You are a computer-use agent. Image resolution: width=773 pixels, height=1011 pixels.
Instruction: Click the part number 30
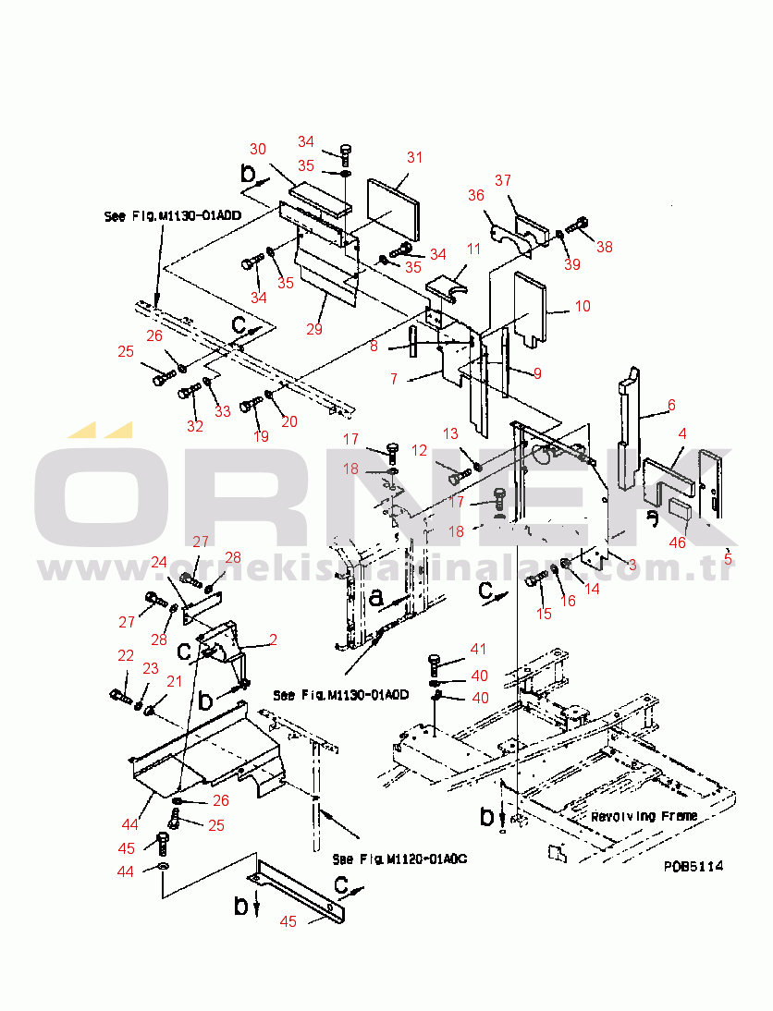click(x=258, y=149)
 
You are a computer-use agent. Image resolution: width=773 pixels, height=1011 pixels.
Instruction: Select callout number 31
click(x=415, y=157)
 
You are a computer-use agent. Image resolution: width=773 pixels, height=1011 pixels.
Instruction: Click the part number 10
click(x=582, y=306)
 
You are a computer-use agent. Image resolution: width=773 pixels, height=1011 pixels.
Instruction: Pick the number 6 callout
click(x=671, y=405)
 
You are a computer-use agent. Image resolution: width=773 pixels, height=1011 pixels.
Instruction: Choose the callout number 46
click(x=678, y=542)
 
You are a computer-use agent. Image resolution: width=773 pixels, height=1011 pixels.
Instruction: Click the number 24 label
click(x=159, y=562)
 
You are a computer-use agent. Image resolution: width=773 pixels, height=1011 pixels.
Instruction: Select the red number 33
click(x=223, y=411)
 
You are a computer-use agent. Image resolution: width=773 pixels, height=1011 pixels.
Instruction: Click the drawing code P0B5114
click(x=693, y=866)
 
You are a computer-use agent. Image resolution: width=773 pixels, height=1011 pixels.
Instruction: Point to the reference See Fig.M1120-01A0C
click(x=399, y=859)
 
